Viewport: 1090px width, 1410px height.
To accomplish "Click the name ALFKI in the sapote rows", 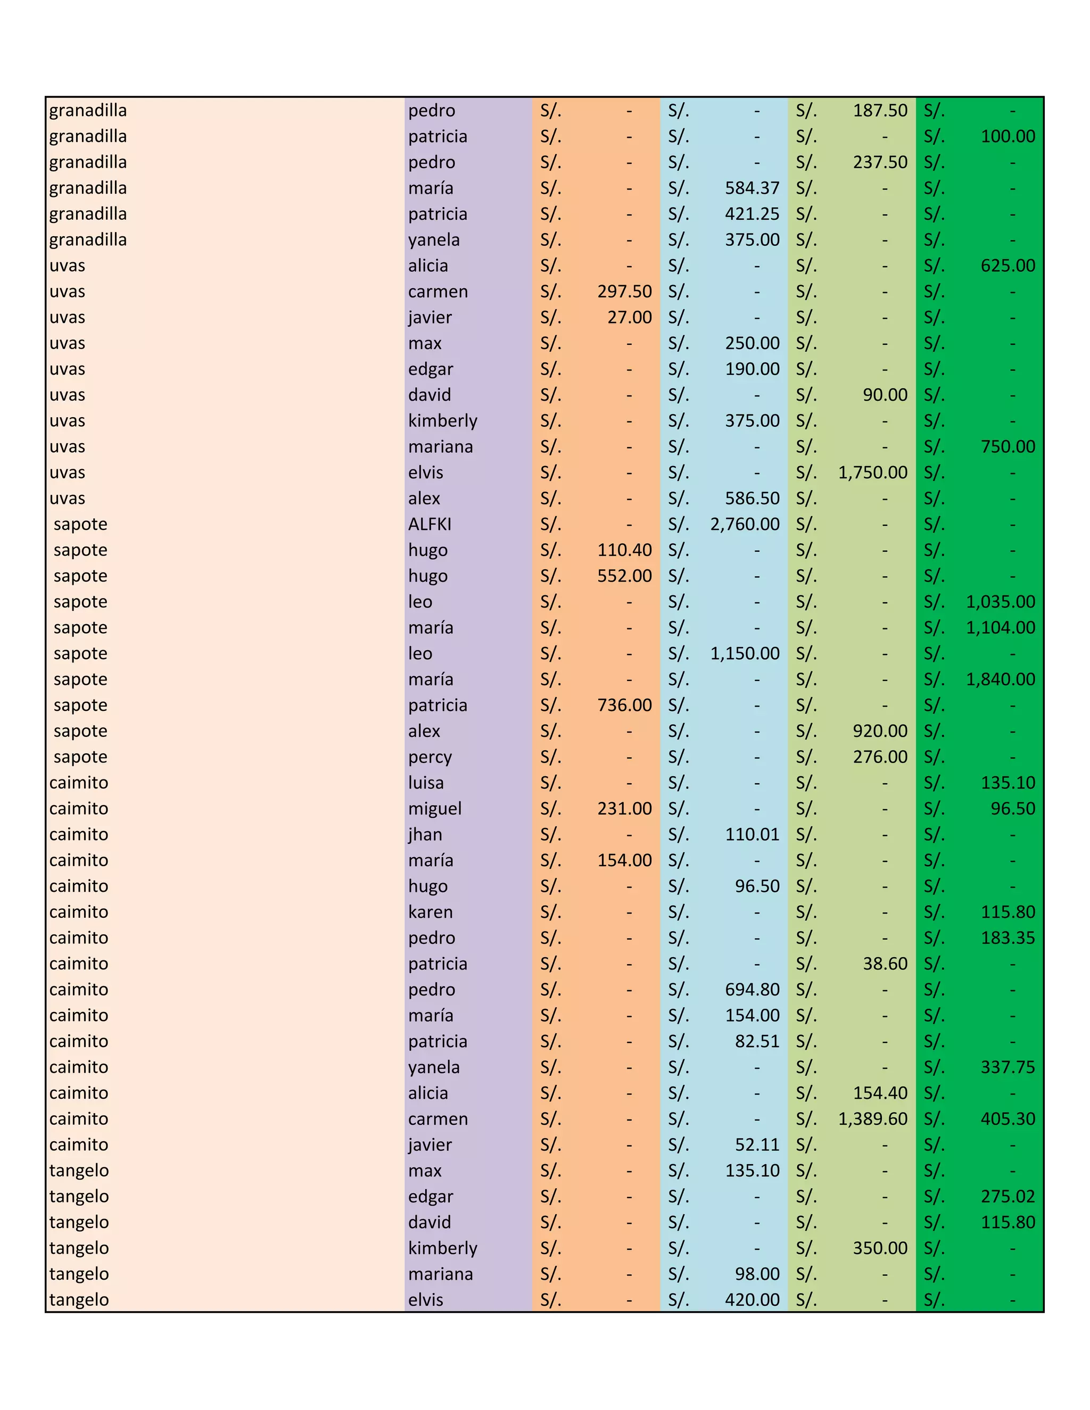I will [430, 524].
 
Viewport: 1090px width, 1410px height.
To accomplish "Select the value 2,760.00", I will [745, 524].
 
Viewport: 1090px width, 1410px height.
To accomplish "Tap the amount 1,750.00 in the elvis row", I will [872, 472].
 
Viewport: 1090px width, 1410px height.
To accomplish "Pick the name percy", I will [430, 757].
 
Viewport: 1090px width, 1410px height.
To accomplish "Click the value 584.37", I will [752, 188].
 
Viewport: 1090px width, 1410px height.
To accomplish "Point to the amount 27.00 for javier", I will [629, 317].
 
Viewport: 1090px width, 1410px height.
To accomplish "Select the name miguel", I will [435, 808].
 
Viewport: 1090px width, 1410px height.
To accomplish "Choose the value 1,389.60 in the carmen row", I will [872, 1118].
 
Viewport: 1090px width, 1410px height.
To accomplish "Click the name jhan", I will [425, 834].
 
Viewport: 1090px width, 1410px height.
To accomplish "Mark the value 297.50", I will [624, 291].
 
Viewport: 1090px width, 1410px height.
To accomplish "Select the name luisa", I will [426, 783].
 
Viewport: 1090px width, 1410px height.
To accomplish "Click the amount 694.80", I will [752, 989].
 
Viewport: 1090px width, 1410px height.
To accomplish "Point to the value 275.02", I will [1008, 1196].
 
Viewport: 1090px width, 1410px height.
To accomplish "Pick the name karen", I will [430, 911].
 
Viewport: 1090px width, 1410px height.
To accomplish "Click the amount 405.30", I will [1008, 1118].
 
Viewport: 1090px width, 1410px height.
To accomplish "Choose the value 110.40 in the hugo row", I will [624, 550].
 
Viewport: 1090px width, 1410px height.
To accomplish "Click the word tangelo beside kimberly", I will [79, 1247].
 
